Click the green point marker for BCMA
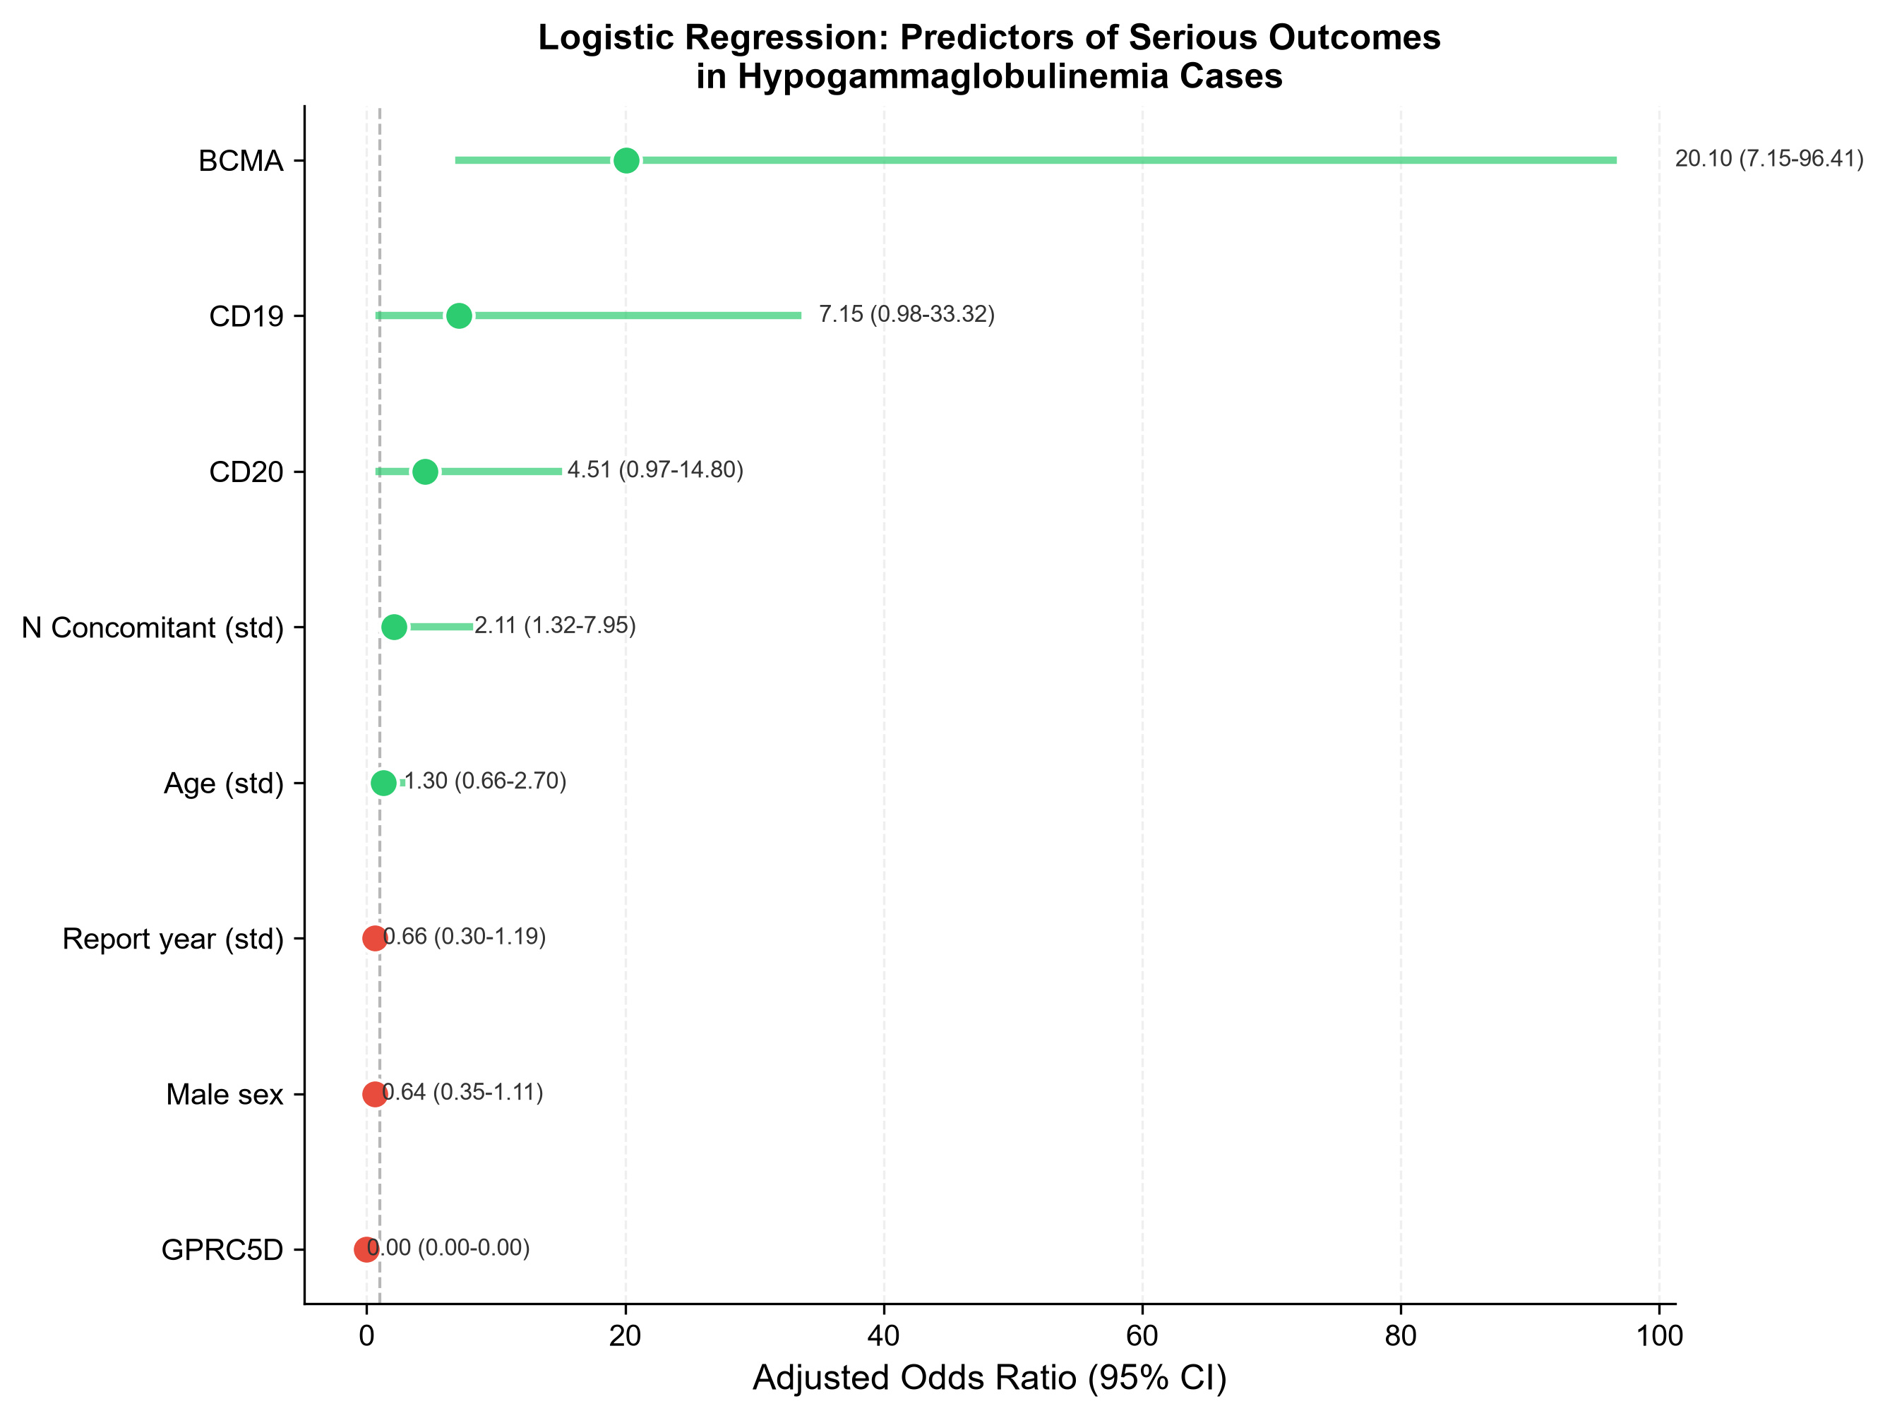[626, 160]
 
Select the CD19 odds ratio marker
[460, 316]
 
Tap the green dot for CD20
[425, 471]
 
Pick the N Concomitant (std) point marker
[394, 627]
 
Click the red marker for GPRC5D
[366, 1249]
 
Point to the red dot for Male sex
[375, 1094]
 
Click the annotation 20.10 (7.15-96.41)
[1769, 160]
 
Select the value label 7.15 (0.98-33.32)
[906, 315]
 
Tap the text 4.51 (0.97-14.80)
[655, 470]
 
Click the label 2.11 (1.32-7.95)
[555, 625]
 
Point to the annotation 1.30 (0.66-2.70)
[485, 781]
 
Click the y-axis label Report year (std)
[173, 939]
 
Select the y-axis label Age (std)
[223, 783]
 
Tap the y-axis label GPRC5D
[222, 1250]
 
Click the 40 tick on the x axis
[884, 1335]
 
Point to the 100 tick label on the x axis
[1659, 1335]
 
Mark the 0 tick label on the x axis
[367, 1335]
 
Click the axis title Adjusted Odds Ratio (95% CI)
[989, 1378]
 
